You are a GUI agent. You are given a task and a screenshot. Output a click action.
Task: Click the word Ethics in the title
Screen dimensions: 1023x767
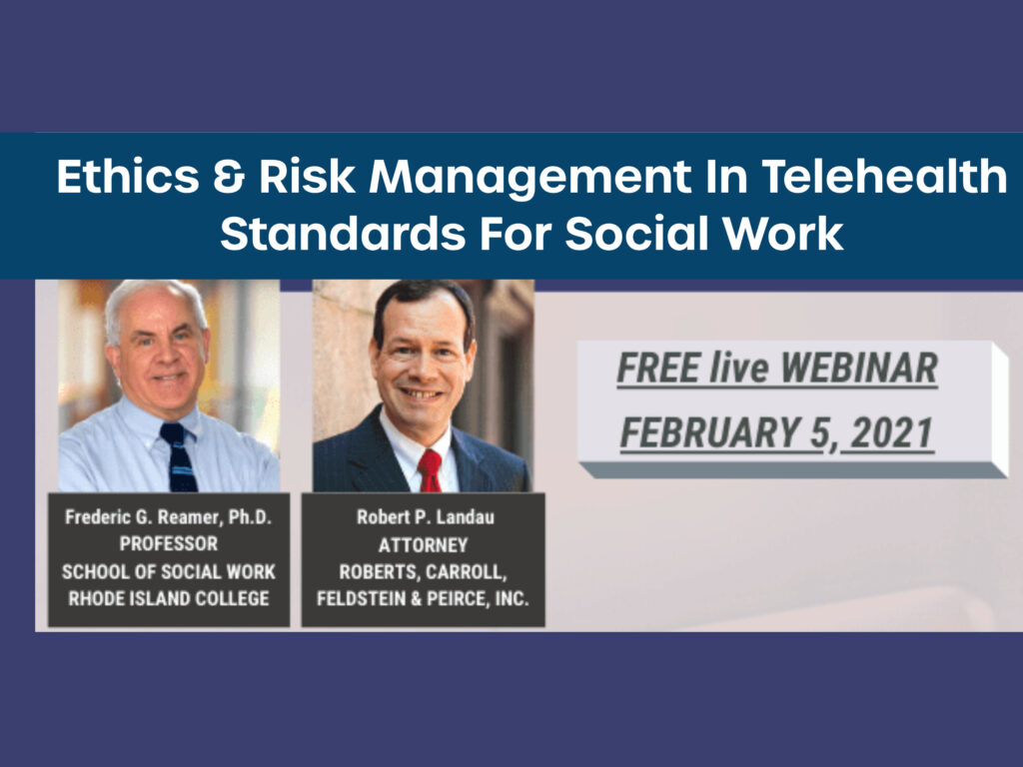[128, 176]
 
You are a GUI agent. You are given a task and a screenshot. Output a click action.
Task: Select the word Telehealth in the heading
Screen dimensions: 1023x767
[883, 176]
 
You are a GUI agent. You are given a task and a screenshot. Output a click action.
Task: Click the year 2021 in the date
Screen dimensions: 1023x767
[892, 433]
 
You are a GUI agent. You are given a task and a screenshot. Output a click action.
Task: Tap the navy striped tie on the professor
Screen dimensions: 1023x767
[179, 456]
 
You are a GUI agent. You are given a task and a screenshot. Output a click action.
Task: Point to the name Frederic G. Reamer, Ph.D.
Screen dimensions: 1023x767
[168, 517]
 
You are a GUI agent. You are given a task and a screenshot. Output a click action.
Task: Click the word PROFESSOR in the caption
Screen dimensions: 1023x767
[168, 543]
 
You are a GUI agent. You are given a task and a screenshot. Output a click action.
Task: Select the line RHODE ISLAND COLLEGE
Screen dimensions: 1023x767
[168, 598]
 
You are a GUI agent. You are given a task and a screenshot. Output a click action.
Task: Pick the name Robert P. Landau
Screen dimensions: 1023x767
[426, 517]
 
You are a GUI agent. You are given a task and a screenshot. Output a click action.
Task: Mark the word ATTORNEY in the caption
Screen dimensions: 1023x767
[423, 544]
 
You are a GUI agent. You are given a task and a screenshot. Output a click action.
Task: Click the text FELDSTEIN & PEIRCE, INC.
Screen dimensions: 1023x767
[423, 598]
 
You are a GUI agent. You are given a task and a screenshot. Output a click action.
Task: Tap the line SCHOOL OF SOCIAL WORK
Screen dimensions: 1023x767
[168, 571]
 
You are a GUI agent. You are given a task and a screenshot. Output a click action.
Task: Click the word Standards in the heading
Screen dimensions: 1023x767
[343, 233]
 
